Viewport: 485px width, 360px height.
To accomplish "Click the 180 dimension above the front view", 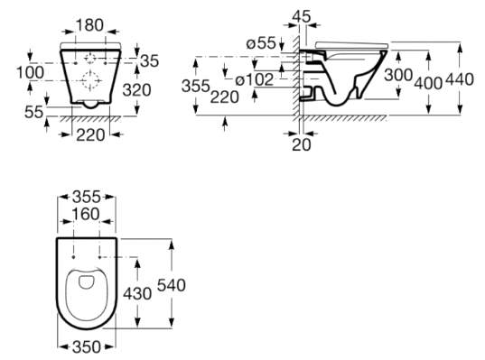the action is click(89, 25).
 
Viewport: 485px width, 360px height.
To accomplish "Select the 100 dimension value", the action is click(30, 72).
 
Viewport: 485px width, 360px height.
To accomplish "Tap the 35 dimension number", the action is click(149, 60).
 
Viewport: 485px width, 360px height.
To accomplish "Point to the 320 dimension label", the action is click(136, 90).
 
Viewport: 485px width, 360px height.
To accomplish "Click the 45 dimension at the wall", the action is click(302, 16).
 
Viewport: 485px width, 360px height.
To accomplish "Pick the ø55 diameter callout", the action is click(261, 43).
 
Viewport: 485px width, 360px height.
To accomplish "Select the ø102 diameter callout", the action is click(255, 79).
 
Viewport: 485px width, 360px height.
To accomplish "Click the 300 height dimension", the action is click(398, 75).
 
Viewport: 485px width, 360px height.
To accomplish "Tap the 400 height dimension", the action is click(428, 83).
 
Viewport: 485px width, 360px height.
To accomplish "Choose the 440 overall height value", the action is click(460, 79).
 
